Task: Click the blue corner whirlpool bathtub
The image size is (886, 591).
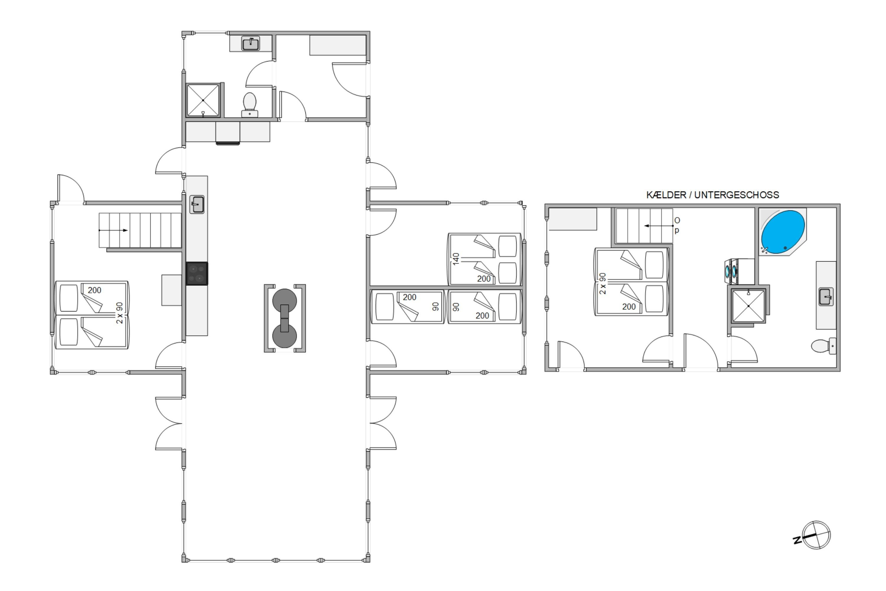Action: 783,232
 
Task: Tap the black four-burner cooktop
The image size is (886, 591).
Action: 197,274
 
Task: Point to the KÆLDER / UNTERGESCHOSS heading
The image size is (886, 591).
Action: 713,195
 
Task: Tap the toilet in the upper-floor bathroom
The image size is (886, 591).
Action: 250,105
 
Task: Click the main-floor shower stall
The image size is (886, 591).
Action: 203,100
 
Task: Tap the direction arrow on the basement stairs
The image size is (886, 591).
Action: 659,226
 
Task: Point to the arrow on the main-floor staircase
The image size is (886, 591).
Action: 113,230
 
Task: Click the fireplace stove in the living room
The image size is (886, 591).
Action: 285,319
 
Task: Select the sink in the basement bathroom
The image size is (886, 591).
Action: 826,297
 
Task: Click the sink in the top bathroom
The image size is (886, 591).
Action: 250,44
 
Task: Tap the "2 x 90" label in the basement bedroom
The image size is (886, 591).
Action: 603,283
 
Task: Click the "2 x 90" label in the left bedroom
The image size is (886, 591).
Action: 120,313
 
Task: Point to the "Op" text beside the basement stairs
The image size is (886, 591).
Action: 677,225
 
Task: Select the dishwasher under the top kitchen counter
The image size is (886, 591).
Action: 227,133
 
